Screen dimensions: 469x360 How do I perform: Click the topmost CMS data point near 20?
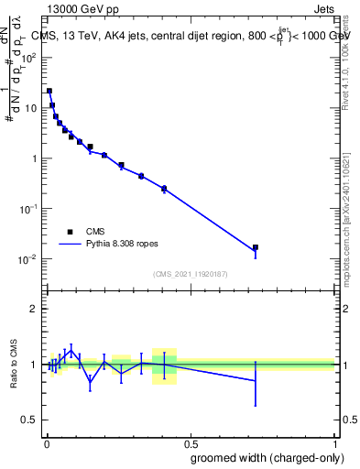click(49, 91)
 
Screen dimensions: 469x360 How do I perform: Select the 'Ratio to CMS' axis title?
click(13, 364)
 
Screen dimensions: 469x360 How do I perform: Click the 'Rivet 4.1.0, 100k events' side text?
click(352, 50)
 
